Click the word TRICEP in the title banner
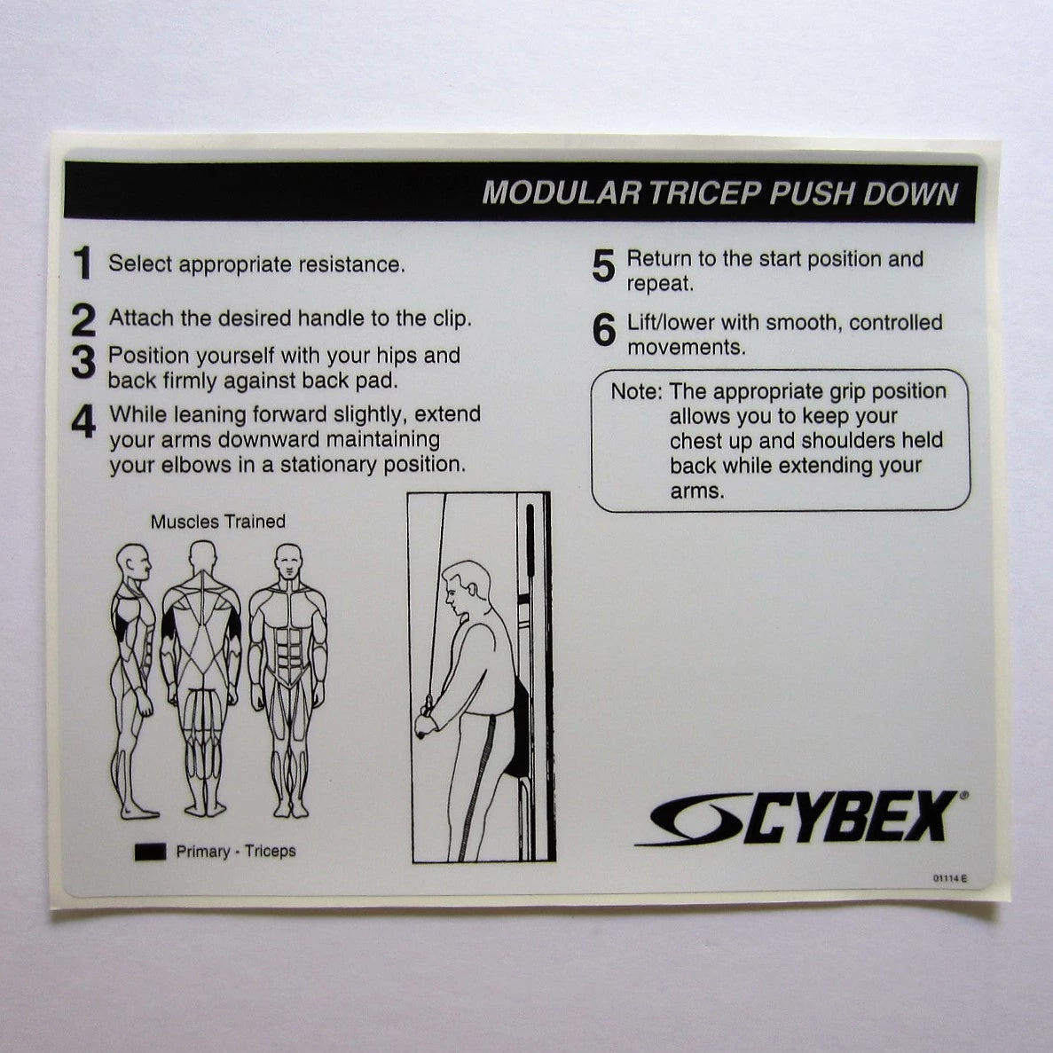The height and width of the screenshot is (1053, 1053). pyautogui.click(x=703, y=193)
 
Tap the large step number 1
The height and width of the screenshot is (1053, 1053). pyautogui.click(x=83, y=263)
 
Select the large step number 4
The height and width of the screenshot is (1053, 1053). pyautogui.click(x=83, y=422)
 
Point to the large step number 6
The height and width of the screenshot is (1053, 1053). pyautogui.click(x=603, y=331)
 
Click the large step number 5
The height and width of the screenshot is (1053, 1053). pyautogui.click(x=603, y=267)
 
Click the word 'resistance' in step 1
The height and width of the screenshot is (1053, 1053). pyautogui.click(x=350, y=264)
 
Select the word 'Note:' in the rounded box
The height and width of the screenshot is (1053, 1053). pyautogui.click(x=636, y=391)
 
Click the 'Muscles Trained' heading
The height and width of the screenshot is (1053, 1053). pyautogui.click(x=217, y=522)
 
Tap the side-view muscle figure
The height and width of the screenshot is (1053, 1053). pyautogui.click(x=131, y=679)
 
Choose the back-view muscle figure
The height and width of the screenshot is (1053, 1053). pyautogui.click(x=202, y=679)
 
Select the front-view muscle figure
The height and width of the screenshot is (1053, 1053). pyautogui.click(x=288, y=679)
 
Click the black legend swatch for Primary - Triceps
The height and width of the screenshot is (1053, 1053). pyautogui.click(x=150, y=852)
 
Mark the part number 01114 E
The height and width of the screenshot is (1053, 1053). pyautogui.click(x=948, y=878)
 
